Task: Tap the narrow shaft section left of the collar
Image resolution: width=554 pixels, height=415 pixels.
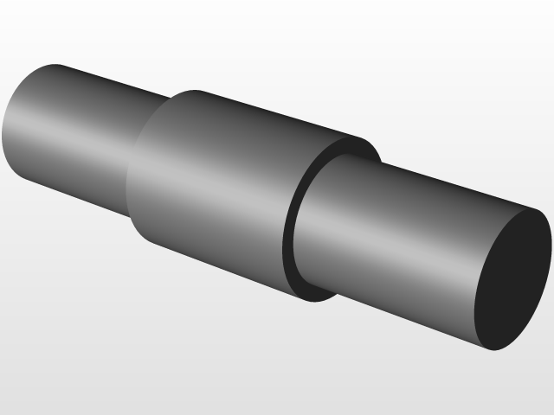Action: click(78, 138)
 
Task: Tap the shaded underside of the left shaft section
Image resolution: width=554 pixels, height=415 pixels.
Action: click(78, 190)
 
